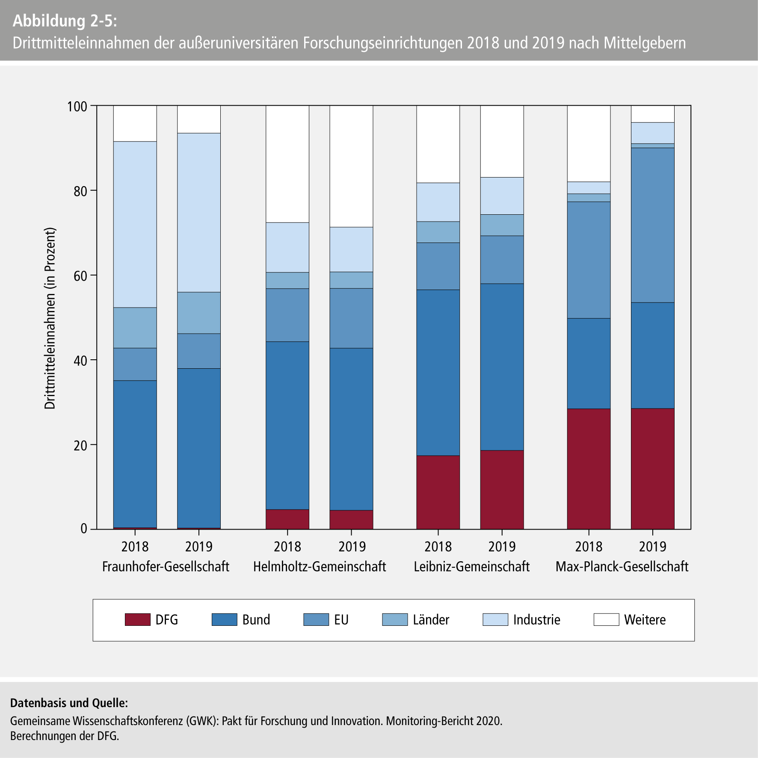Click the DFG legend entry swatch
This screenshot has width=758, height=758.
[138, 620]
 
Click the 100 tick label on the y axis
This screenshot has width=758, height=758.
[77, 106]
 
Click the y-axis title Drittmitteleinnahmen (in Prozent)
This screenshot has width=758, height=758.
[50, 319]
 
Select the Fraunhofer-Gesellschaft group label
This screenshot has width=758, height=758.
[166, 567]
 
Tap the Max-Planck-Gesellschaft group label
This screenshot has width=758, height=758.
[622, 567]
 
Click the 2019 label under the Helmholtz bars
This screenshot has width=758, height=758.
[352, 547]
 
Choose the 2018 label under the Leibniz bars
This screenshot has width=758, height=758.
[438, 547]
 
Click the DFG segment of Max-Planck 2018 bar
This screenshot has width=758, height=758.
[589, 469]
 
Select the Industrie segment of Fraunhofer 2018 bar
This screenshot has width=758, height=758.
[135, 225]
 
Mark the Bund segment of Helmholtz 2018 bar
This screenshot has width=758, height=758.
[287, 426]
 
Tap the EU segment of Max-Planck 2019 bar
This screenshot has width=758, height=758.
[652, 225]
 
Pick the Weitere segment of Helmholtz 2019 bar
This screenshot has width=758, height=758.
[351, 166]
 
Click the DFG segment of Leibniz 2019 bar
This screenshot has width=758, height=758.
[502, 490]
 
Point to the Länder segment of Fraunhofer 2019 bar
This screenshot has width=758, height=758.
[199, 313]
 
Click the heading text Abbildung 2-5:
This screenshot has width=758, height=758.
[65, 21]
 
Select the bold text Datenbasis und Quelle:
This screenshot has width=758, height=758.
[69, 703]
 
